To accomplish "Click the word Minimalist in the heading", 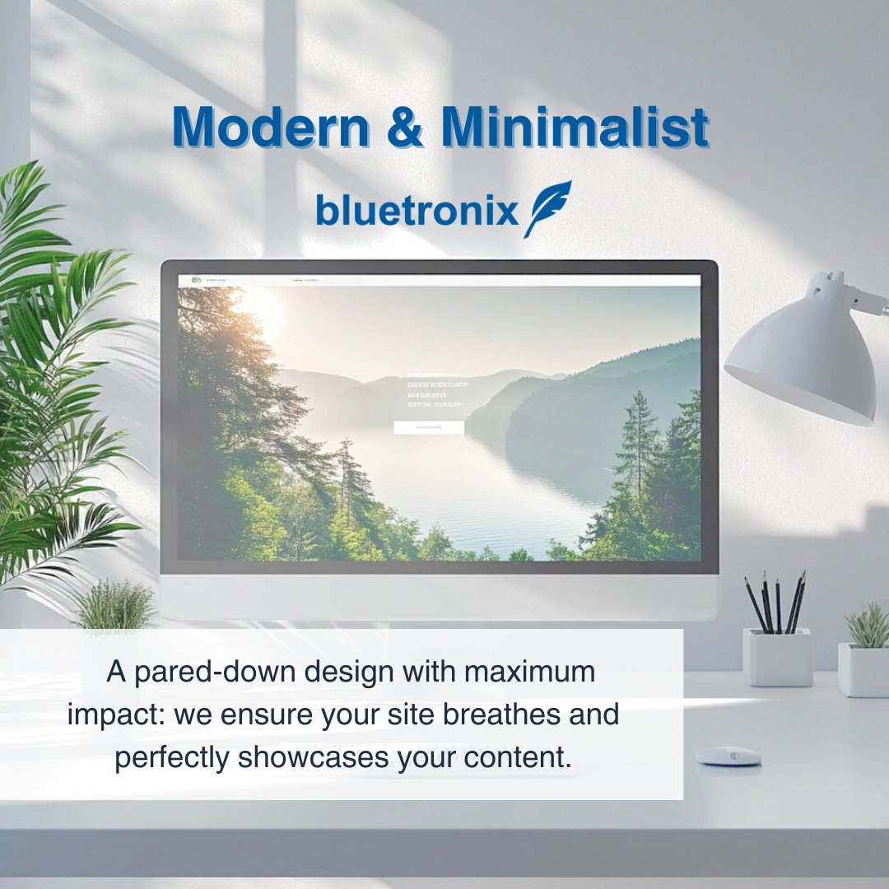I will [x=574, y=128].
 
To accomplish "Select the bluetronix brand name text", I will [x=417, y=210].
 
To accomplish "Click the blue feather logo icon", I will [x=547, y=208].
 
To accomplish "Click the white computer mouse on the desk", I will [x=728, y=756].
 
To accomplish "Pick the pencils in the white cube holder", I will [x=776, y=604].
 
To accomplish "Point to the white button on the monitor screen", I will [x=428, y=427].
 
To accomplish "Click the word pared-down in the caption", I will [x=202, y=672].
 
